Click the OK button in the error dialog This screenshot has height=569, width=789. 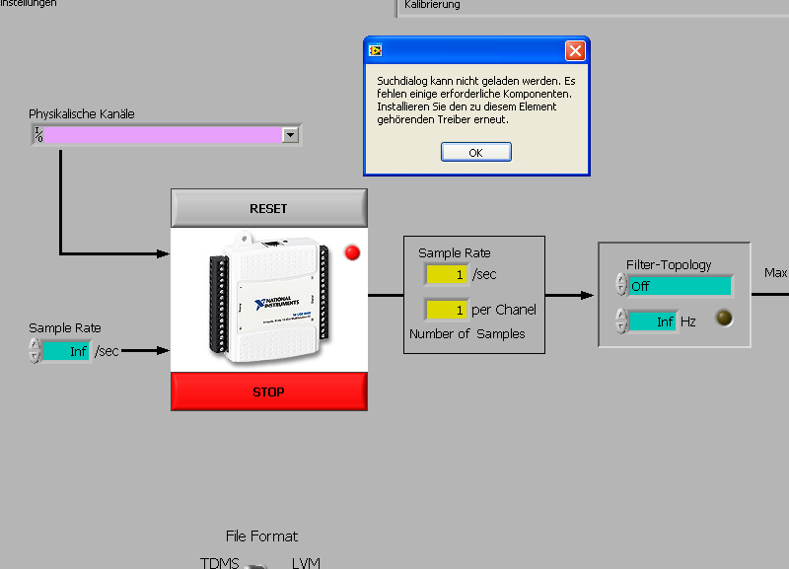[x=475, y=152]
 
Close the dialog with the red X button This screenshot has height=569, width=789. [x=575, y=50]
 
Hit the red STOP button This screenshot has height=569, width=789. [x=268, y=391]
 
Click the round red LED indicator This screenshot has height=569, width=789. [x=352, y=253]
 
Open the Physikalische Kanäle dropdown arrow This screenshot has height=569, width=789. [x=290, y=135]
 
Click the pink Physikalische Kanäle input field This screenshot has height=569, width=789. [x=163, y=135]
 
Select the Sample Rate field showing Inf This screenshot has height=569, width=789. [x=65, y=351]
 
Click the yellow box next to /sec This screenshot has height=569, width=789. [x=446, y=274]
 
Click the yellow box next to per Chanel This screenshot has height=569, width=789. [x=446, y=310]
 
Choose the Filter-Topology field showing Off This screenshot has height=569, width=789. [x=681, y=286]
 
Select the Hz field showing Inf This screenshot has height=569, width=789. [x=653, y=321]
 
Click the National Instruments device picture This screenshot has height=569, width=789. [x=262, y=296]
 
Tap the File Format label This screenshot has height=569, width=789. [x=261, y=536]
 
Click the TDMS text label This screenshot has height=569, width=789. [x=220, y=563]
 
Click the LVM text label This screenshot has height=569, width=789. [x=306, y=563]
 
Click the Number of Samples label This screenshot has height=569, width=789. [x=466, y=333]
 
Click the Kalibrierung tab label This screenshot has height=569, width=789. [x=432, y=5]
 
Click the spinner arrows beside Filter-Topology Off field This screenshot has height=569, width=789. [x=620, y=285]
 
